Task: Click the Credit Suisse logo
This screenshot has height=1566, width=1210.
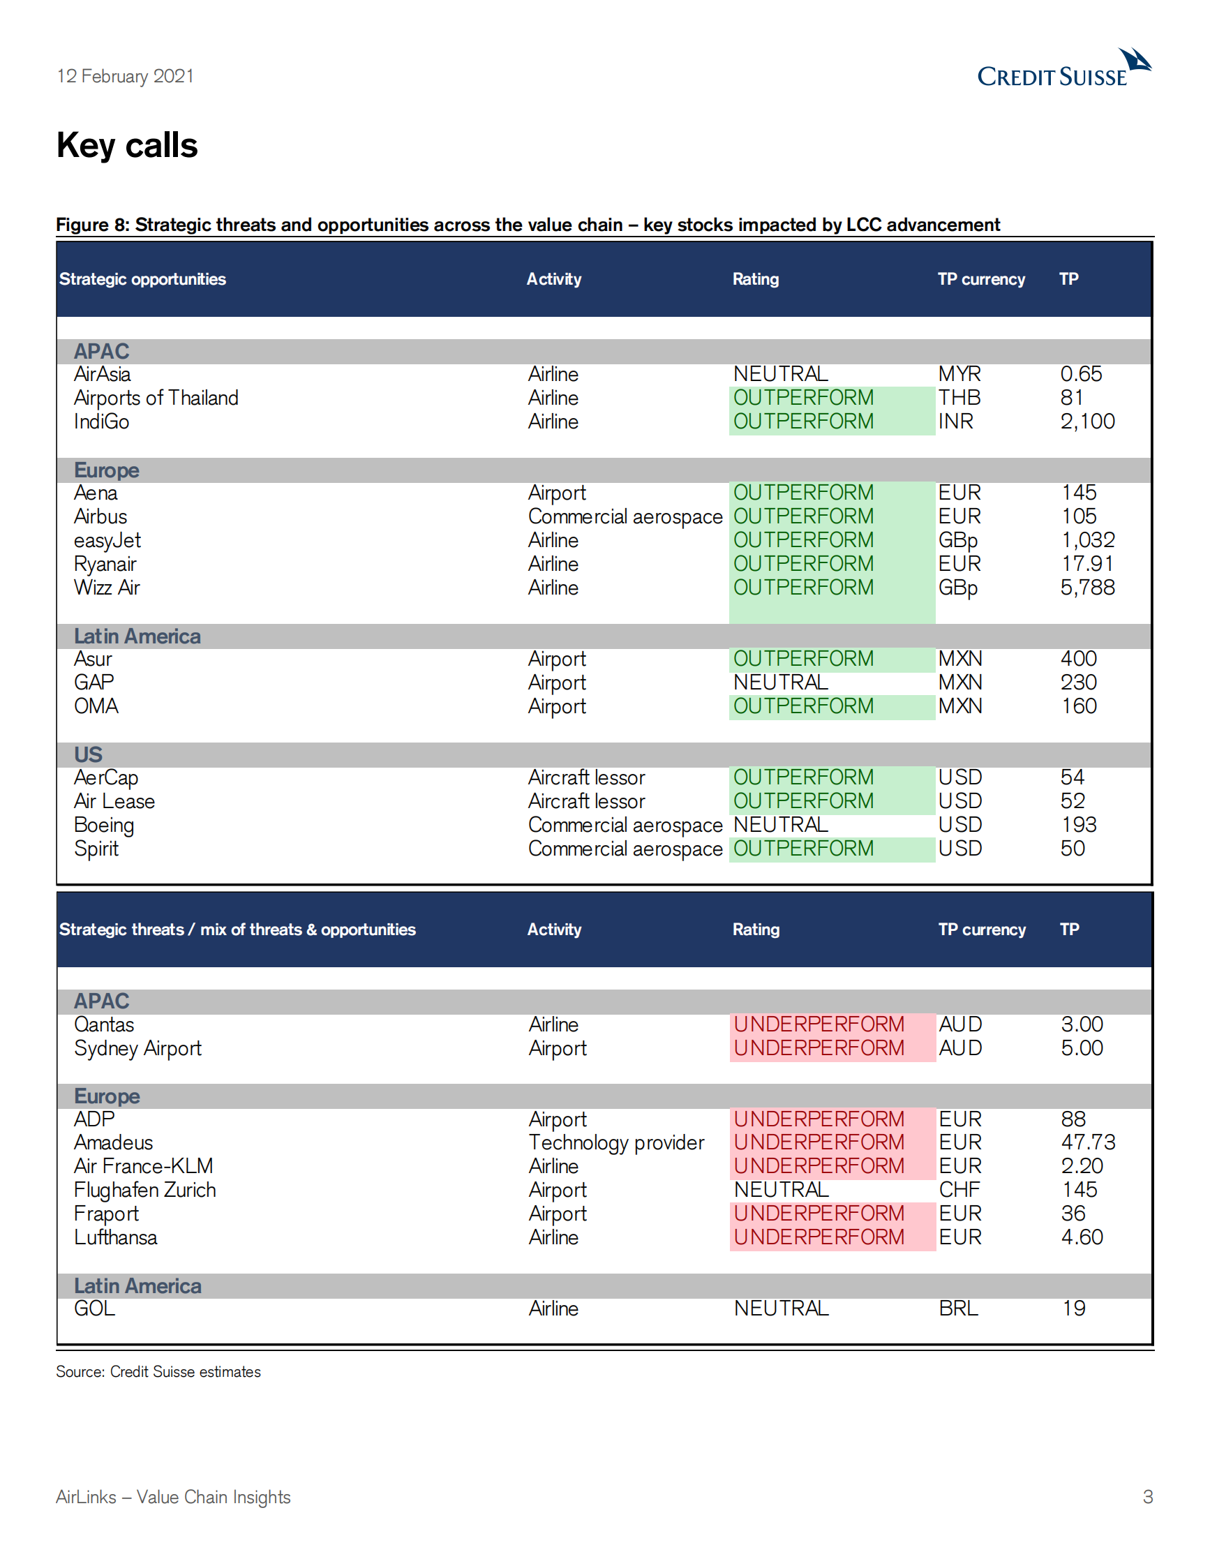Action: click(1063, 69)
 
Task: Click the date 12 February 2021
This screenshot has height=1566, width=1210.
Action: click(125, 76)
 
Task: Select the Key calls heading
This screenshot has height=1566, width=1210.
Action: click(127, 146)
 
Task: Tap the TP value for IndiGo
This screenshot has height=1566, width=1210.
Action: click(1086, 422)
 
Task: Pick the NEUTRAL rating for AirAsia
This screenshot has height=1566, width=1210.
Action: click(780, 374)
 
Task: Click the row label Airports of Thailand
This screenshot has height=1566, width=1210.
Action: click(156, 398)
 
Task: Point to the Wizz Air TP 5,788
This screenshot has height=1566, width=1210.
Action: click(1086, 588)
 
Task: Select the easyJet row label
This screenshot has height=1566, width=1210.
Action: click(107, 541)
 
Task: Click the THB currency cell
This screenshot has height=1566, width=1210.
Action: click(958, 398)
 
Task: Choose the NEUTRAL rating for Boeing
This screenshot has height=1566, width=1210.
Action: click(780, 826)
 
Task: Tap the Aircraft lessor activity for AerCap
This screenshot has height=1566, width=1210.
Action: click(585, 778)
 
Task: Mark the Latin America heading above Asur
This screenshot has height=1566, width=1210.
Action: click(137, 636)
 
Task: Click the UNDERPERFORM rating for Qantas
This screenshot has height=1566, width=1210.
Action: click(818, 1024)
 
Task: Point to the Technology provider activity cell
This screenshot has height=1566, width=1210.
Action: click(615, 1143)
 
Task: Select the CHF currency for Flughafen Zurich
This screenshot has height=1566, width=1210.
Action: click(958, 1191)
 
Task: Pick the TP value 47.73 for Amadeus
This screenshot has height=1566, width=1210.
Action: click(1087, 1143)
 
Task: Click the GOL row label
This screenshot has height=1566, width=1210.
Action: click(94, 1309)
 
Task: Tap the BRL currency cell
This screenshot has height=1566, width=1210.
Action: click(957, 1309)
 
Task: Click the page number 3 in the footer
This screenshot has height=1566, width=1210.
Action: click(1147, 1497)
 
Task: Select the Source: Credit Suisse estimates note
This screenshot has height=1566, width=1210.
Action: click(158, 1372)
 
